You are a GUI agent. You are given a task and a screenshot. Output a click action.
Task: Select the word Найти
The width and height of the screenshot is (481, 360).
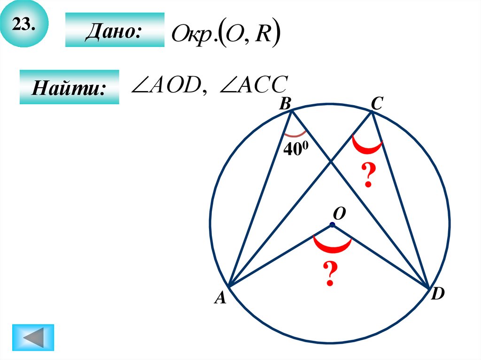(68, 88)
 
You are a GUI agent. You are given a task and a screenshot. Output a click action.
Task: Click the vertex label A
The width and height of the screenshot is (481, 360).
(220, 298)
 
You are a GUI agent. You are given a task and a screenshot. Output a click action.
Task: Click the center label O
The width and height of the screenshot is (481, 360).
(339, 214)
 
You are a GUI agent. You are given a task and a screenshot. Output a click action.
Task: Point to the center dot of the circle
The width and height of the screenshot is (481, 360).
(332, 225)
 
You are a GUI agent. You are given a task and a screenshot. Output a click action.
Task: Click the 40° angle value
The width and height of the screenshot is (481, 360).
(294, 149)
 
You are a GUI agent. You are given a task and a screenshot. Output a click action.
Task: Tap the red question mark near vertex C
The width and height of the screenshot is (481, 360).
(368, 175)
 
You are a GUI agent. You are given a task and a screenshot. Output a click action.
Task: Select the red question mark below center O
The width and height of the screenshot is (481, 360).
(330, 274)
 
